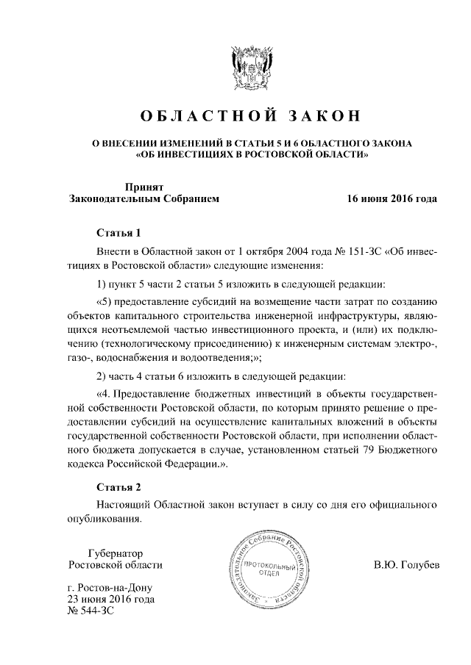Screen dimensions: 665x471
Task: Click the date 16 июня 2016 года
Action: [392, 199]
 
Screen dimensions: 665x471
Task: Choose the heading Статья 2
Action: [118, 486]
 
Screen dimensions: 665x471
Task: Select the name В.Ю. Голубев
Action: [407, 565]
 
